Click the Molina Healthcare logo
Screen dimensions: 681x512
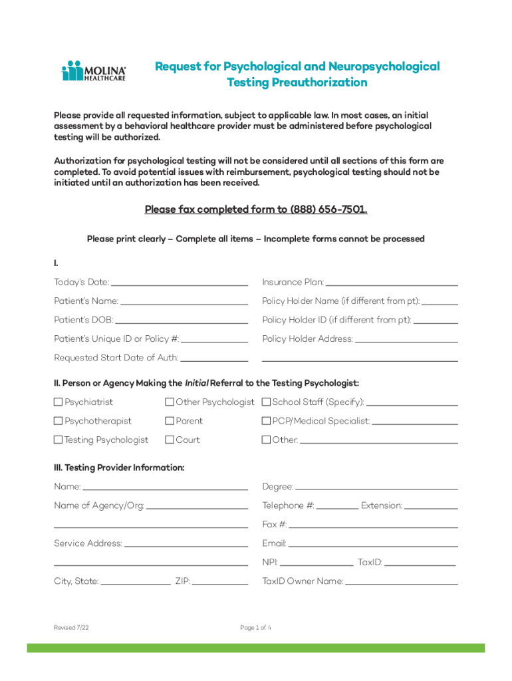94,71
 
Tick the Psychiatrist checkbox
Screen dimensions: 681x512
59,402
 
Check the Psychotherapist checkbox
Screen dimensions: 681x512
59,421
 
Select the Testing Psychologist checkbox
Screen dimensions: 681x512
59,440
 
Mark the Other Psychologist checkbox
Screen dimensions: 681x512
170,402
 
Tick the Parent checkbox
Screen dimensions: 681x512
170,421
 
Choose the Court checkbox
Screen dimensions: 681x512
170,440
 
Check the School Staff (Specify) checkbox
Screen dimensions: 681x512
266,402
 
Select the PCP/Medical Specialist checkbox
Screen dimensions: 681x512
266,421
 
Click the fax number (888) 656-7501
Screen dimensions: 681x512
328,210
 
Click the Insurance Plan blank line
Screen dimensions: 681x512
392,283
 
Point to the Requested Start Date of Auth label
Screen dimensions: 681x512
116,358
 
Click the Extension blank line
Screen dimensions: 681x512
431,507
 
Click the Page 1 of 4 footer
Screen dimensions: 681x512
255,628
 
